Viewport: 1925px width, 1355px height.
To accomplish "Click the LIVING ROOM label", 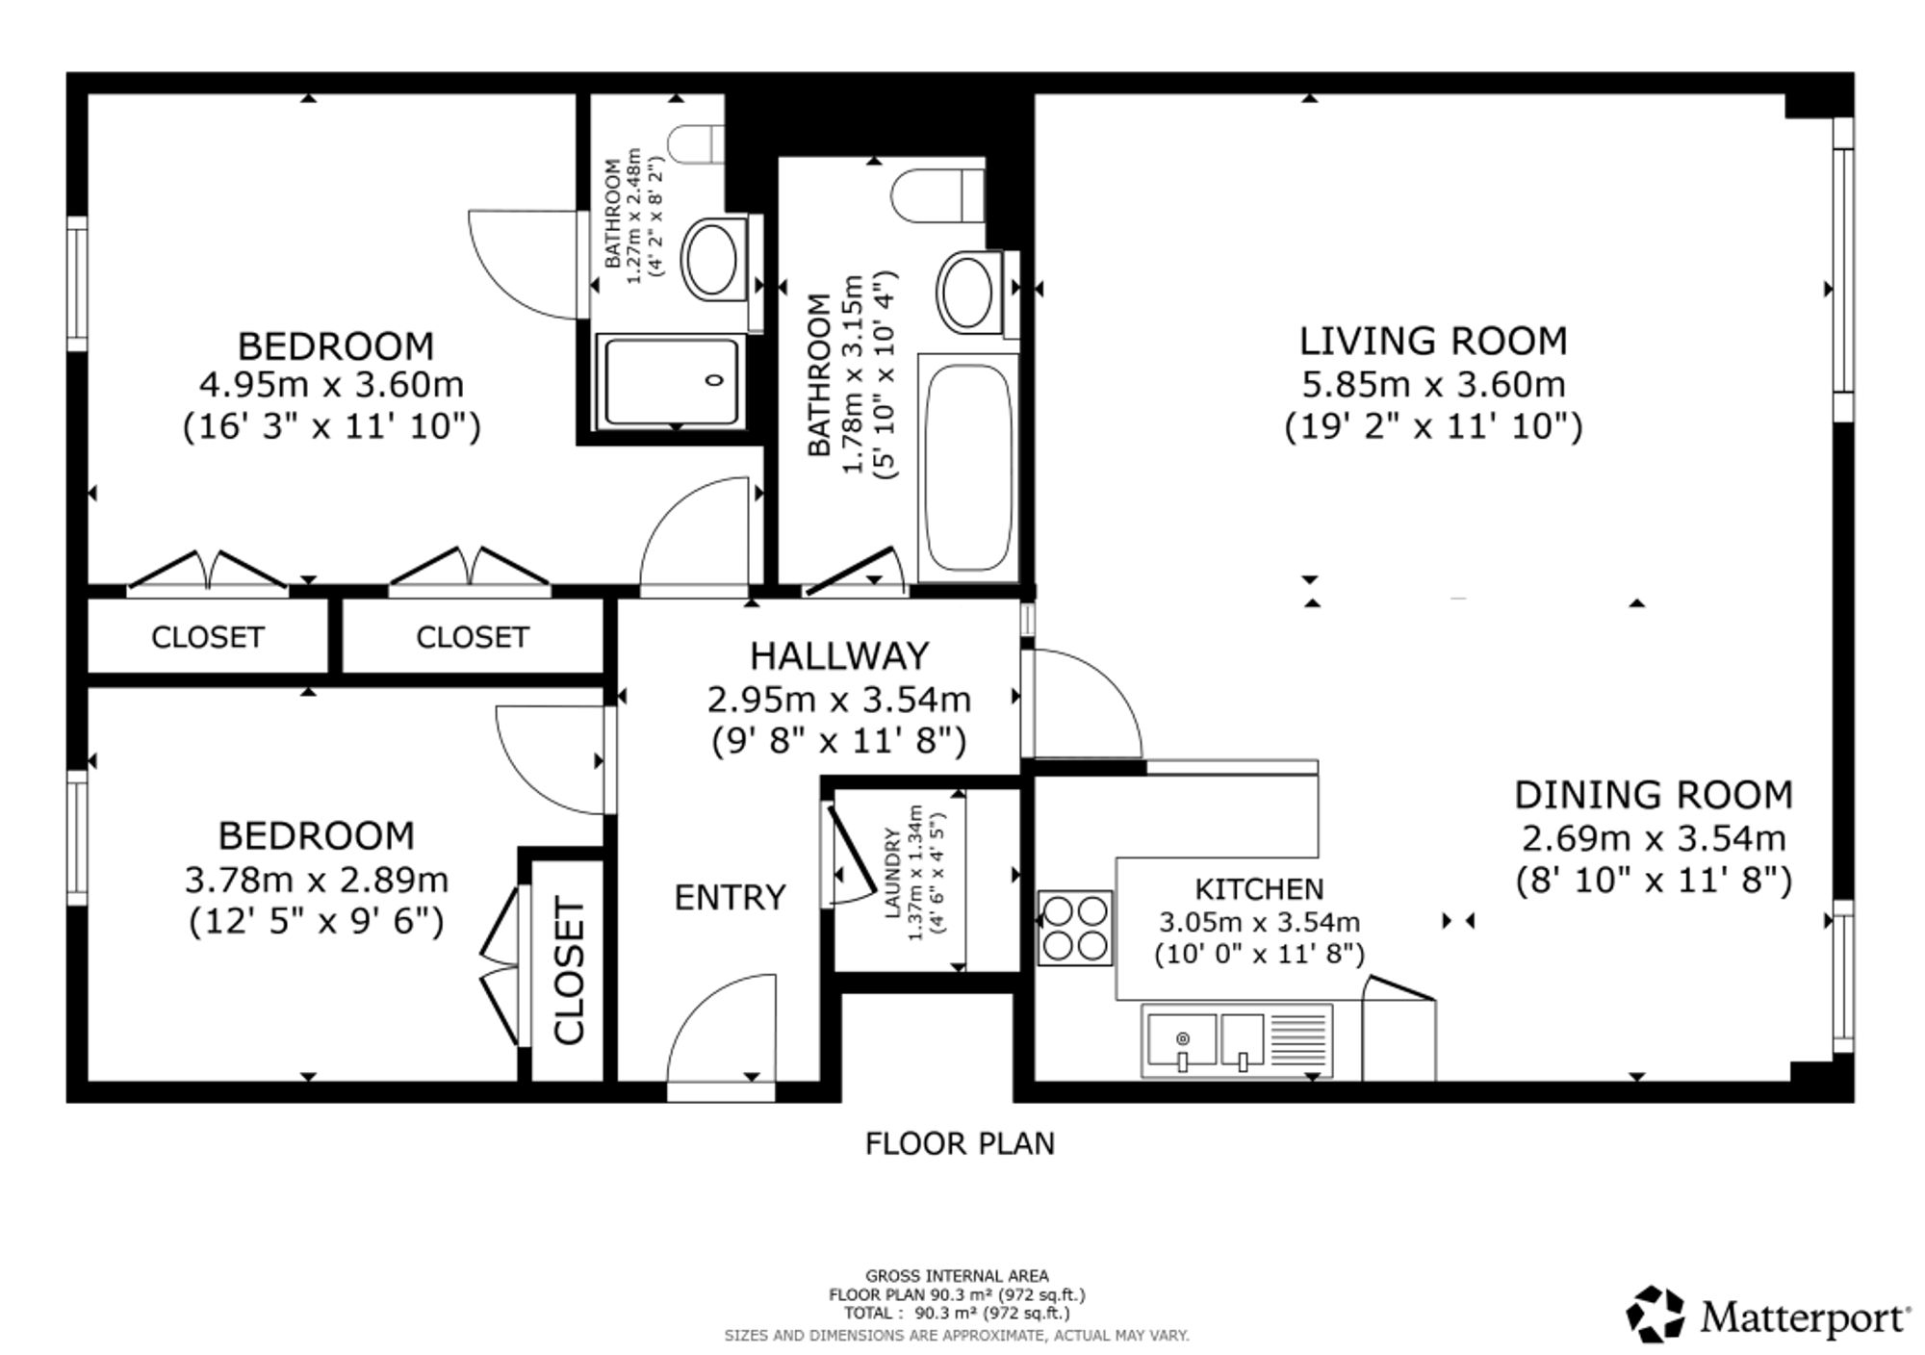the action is (1433, 342).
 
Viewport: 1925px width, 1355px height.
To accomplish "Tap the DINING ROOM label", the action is (1654, 796).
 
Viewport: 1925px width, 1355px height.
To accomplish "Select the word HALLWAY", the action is (839, 656).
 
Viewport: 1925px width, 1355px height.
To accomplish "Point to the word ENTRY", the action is (730, 898).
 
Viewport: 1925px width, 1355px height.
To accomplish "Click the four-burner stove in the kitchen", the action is (1075, 928).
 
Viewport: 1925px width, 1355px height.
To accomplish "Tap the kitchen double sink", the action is (1238, 1040).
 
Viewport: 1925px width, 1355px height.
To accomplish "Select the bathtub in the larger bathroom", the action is (968, 468).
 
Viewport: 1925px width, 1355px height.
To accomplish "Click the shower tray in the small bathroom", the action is (672, 381).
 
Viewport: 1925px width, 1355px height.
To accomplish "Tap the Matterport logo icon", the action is (1655, 1314).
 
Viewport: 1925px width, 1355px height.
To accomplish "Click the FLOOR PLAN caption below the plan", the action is (960, 1143).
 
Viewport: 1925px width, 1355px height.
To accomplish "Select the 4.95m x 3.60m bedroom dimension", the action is (331, 385).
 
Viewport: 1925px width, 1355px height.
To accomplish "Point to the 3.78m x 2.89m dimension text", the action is (316, 880).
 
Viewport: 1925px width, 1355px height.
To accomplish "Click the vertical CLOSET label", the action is (569, 970).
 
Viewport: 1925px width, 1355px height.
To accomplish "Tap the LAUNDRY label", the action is (892, 873).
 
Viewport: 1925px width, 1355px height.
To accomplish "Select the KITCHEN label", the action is (1259, 888).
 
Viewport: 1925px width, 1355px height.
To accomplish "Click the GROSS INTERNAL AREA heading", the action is (957, 1277).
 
